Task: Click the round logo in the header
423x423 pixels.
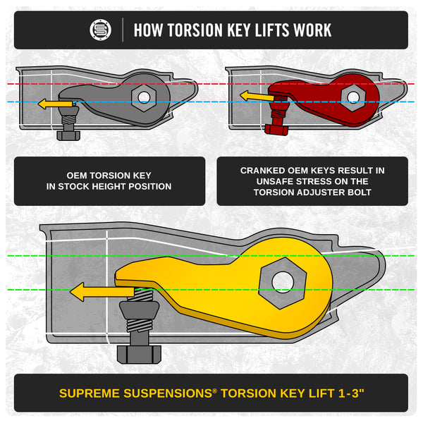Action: [101, 30]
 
